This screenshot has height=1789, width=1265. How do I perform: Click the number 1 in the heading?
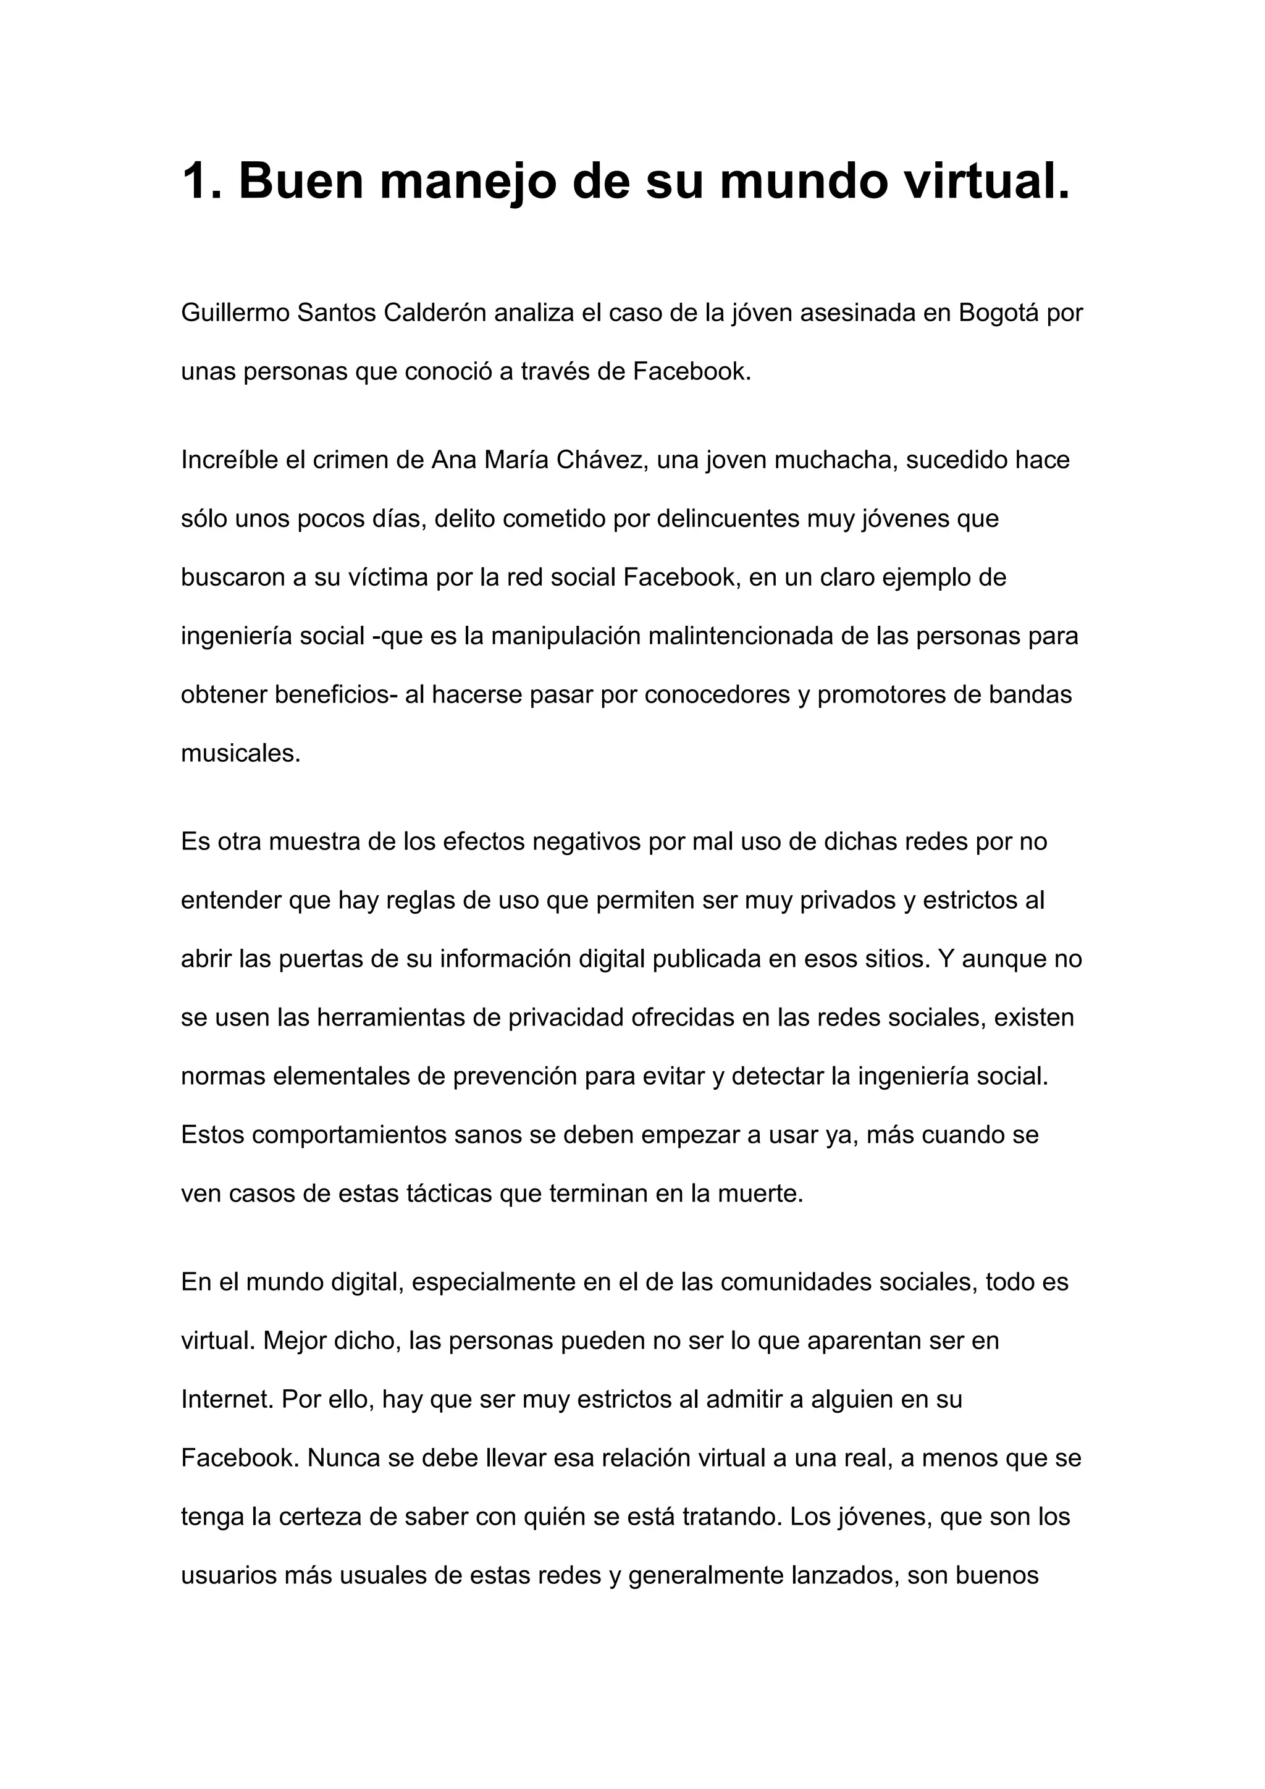pos(195,181)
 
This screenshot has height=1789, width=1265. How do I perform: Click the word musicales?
pos(240,754)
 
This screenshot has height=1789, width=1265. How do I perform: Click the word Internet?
pos(227,1399)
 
